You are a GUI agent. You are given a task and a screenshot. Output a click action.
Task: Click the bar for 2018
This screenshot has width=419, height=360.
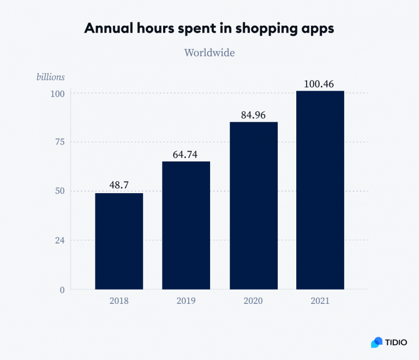119,241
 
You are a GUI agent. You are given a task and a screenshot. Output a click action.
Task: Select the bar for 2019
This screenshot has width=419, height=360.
186,225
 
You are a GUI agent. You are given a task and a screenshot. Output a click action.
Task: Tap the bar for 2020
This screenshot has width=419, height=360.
254,206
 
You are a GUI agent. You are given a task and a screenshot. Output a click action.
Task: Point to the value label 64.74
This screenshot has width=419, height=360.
186,154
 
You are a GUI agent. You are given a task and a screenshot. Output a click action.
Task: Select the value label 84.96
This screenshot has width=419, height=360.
254,115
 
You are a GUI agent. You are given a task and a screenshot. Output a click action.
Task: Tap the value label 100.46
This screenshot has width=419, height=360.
320,84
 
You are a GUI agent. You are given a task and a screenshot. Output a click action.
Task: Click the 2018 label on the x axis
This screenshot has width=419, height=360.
119,301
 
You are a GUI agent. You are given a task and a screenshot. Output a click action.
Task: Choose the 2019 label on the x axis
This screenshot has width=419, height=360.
186,301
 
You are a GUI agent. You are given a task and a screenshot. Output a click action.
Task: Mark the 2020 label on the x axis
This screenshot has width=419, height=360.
254,301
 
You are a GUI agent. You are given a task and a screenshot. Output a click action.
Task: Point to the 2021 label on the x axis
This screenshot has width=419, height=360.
320,301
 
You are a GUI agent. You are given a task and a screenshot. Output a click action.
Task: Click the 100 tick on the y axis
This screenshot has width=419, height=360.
57,93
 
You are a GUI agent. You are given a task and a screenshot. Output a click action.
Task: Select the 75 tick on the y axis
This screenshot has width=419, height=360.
59,142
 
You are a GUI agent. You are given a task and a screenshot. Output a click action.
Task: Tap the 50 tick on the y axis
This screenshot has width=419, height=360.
59,191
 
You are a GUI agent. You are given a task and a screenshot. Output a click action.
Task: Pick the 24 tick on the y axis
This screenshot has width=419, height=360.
59,241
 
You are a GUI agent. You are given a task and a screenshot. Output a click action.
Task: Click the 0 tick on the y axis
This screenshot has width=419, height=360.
62,290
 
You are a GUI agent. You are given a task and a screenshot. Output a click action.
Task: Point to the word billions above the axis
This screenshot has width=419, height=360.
50,77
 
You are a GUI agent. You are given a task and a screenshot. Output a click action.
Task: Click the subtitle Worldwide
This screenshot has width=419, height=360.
209,53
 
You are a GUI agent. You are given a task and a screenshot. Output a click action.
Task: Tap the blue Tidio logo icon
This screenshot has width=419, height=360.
377,342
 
